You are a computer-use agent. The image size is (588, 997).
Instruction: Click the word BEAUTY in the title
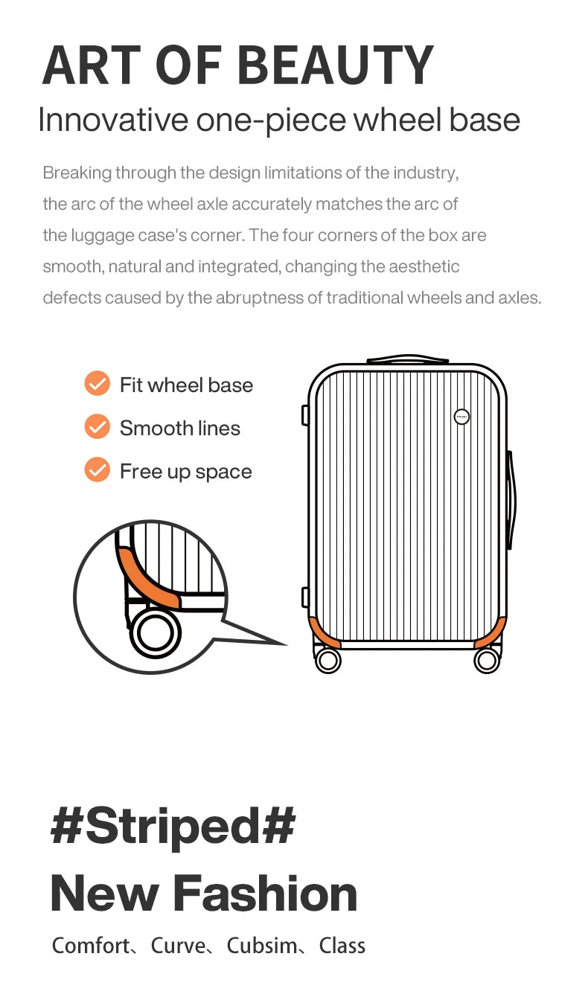(336, 65)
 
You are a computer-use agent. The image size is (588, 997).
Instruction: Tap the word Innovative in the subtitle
(113, 120)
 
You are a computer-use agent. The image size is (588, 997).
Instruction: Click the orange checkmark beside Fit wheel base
(97, 383)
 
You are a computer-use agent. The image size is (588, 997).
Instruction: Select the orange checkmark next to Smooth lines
(97, 426)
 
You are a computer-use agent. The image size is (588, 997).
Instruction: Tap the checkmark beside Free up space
(97, 469)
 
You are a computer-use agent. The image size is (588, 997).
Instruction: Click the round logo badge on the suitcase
(461, 417)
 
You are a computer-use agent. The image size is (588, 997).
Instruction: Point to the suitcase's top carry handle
(408, 359)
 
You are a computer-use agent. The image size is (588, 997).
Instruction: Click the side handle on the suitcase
(511, 500)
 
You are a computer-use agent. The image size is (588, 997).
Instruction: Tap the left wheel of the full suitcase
(328, 661)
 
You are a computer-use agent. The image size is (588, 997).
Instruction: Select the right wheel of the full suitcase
(487, 661)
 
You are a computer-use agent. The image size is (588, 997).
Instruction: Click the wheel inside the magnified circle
(155, 632)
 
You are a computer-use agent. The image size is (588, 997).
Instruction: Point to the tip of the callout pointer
(287, 644)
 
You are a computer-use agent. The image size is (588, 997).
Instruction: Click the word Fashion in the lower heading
(265, 894)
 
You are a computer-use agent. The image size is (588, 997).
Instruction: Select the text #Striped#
(173, 827)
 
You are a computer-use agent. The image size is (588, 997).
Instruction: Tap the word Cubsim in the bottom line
(262, 946)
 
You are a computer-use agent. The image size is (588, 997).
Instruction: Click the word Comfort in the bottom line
(91, 946)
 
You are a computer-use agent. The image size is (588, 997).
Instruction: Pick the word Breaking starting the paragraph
(77, 173)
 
